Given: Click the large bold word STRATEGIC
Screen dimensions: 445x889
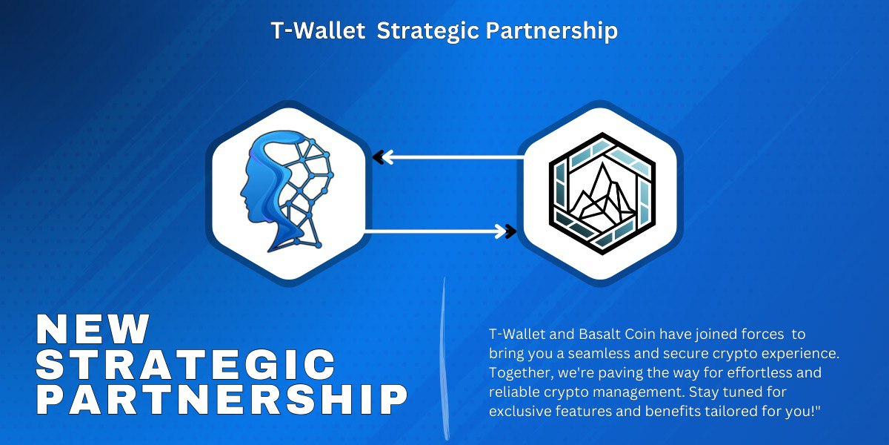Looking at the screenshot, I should (x=186, y=365).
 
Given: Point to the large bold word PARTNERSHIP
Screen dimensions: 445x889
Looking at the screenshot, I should (x=222, y=400).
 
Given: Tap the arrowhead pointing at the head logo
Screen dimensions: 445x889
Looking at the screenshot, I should (x=380, y=157).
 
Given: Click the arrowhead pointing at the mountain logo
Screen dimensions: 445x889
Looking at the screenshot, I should (x=509, y=231).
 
